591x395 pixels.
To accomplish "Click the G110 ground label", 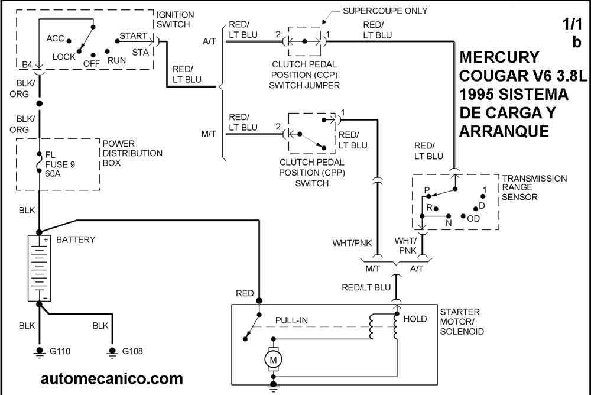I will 60,351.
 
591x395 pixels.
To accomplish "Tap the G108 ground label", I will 133,351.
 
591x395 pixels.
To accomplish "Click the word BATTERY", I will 76,240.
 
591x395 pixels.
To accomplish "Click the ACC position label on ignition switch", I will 55,39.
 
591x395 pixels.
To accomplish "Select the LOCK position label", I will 64,57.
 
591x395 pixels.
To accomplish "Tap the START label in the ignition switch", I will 133,36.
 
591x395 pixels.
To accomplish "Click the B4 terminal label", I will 27,64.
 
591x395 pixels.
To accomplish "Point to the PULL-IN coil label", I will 292,320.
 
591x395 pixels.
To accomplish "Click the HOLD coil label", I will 415,319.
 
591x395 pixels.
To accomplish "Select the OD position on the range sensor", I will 473,218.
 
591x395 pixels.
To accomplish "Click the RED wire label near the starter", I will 245,293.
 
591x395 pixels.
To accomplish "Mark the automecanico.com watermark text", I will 112,378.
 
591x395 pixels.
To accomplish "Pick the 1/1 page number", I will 572,25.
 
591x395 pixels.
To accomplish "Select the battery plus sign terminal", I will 44,239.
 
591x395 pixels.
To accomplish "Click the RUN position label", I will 116,60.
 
